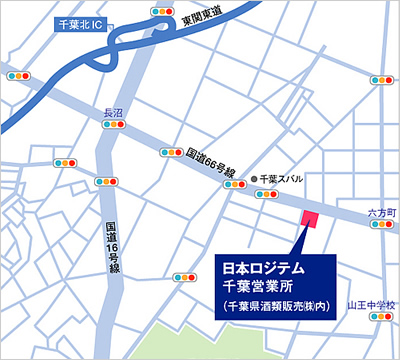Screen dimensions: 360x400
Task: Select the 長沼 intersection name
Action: coord(112,116)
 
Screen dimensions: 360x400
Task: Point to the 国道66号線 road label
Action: coord(211,164)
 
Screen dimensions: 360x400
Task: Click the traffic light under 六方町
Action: coord(382,228)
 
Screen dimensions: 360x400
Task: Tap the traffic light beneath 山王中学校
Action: coord(381,317)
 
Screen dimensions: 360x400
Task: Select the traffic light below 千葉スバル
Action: coord(267,195)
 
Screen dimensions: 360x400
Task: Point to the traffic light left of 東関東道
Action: coord(160,11)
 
